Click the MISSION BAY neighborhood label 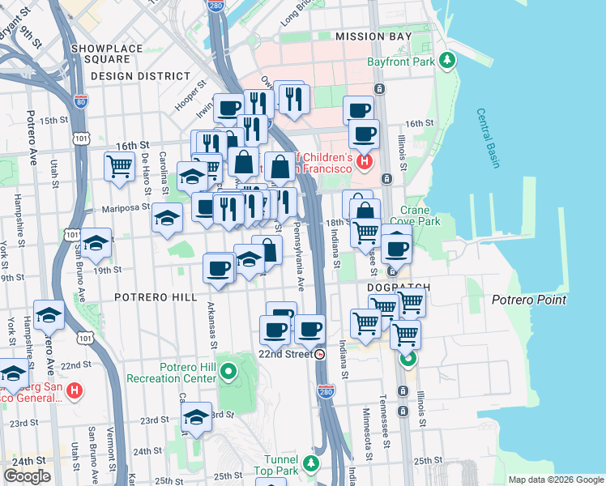coord(373,36)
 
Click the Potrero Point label coord(529,300)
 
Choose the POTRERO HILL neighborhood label coord(156,297)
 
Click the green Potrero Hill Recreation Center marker coord(228,373)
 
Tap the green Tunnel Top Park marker coord(312,464)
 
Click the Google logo coord(27,476)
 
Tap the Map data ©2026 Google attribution coord(555,480)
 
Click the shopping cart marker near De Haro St coord(119,167)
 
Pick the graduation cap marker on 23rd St coord(196,417)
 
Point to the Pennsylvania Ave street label coord(296,259)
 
